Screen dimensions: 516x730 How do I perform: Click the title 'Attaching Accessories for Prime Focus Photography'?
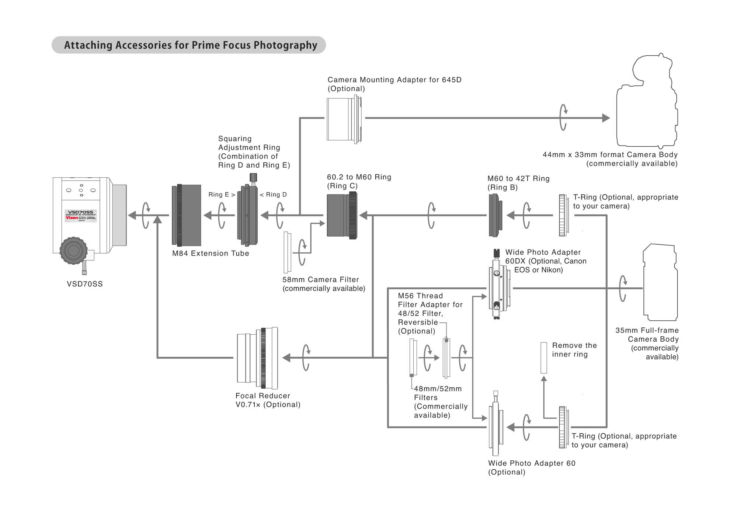(190, 45)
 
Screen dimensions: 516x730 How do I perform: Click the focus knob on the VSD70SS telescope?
(73, 251)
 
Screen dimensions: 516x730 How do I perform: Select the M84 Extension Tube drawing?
(187, 215)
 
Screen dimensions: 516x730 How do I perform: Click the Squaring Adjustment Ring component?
(247, 215)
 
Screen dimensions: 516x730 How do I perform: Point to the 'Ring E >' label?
(222, 195)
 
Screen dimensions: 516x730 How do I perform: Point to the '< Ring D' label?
(273, 195)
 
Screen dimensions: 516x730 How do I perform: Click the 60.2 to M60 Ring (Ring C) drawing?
(342, 215)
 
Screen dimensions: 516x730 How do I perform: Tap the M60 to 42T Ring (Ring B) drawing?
(495, 215)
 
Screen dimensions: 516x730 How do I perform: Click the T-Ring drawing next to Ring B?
(563, 215)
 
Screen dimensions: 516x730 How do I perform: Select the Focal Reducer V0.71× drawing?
(257, 358)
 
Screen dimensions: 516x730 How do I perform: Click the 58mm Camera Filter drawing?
(287, 252)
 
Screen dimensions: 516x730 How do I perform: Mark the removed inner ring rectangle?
(543, 358)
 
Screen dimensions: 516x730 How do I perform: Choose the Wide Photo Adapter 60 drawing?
(495, 427)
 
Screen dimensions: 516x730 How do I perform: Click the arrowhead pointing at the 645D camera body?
(606, 118)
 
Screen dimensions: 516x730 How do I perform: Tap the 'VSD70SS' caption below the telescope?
(85, 284)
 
